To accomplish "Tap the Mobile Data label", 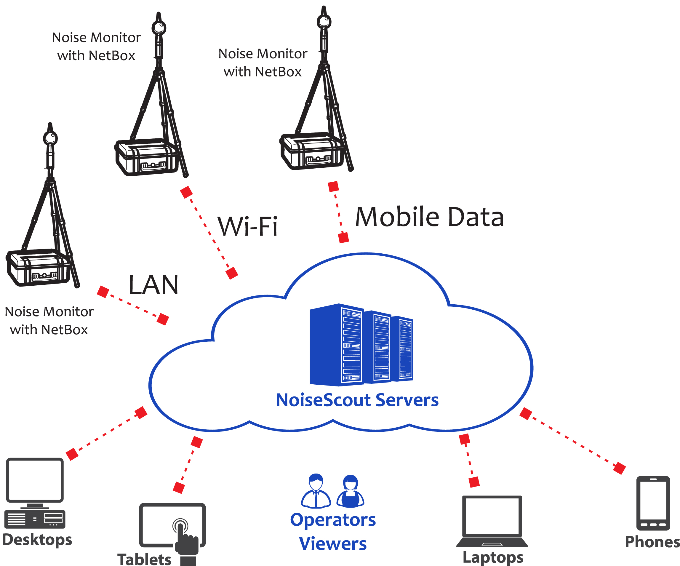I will coord(429,217).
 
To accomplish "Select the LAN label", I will coord(153,285).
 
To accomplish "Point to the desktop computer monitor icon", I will coord(35,480).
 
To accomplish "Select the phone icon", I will coord(653,503).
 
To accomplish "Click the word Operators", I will coord(333,520).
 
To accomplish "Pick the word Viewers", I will coord(333,544).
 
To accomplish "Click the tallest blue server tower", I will coord(337,345).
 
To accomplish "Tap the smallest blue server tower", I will coord(402,349).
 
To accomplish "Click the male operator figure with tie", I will coord(316,491).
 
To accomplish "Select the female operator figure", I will coord(350,492).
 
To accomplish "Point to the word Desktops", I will coord(37,540).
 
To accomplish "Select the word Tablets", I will coord(144,559).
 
